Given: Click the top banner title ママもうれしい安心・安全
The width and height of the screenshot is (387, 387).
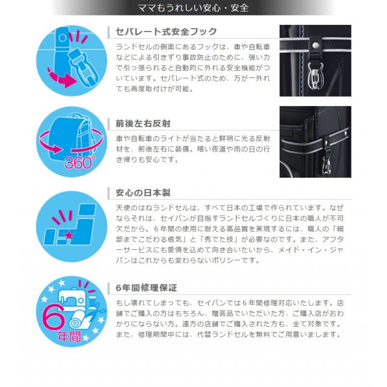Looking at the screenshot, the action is tap(193, 8).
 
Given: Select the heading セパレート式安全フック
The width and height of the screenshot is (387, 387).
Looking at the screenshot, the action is tap(166, 32).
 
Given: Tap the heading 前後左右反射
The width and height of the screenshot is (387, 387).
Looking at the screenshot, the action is tap(143, 123).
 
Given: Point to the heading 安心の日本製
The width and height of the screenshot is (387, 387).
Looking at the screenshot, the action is tap(143, 193).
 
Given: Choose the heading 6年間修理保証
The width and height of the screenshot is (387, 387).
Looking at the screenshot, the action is tap(147, 288).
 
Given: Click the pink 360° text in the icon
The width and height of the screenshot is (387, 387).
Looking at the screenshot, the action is tap(80, 163).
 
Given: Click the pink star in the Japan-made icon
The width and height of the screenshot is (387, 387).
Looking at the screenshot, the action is tap(69, 235).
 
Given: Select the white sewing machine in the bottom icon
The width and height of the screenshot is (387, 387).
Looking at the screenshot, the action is tap(71, 297).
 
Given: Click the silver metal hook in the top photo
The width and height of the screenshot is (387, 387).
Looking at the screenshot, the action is tap(316, 75).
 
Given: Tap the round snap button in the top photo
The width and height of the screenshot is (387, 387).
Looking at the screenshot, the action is tap(315, 45).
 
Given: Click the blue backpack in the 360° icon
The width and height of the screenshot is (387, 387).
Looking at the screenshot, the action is tap(71, 138).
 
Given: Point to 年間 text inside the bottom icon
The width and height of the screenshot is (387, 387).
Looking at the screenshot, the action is tap(69, 336).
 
